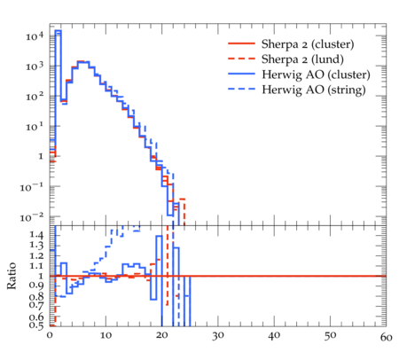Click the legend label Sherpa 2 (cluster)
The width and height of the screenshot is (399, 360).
click(x=308, y=44)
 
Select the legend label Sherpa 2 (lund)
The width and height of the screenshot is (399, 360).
click(x=302, y=59)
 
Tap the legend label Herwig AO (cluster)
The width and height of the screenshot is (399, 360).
click(x=316, y=74)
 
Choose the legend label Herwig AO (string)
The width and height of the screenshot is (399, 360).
click(x=313, y=90)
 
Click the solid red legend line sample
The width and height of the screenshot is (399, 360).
click(x=241, y=43)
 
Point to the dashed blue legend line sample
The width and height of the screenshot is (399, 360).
click(x=241, y=89)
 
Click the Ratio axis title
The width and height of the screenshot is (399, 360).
click(x=12, y=276)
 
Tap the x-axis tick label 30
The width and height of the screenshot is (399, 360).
click(x=218, y=336)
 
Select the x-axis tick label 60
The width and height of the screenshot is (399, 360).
click(x=387, y=337)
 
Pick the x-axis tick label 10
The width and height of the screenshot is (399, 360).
click(x=106, y=335)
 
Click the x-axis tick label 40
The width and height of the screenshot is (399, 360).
click(x=274, y=335)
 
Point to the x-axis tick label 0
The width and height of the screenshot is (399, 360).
click(x=50, y=335)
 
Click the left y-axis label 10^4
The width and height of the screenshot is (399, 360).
click(x=35, y=36)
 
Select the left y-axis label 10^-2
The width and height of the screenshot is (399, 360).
click(x=32, y=217)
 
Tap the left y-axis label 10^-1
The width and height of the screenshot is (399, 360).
click(x=32, y=187)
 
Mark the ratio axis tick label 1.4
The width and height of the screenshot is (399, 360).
click(x=36, y=235)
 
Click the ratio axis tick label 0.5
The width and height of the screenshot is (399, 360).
click(x=36, y=325)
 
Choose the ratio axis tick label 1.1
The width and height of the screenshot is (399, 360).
click(x=36, y=266)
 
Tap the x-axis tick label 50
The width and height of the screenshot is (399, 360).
click(x=330, y=336)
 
